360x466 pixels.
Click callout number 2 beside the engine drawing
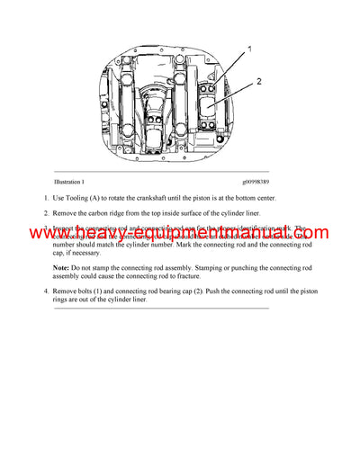pyautogui.click(x=257, y=81)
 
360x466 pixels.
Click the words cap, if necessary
pyautogui.click(x=81, y=253)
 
